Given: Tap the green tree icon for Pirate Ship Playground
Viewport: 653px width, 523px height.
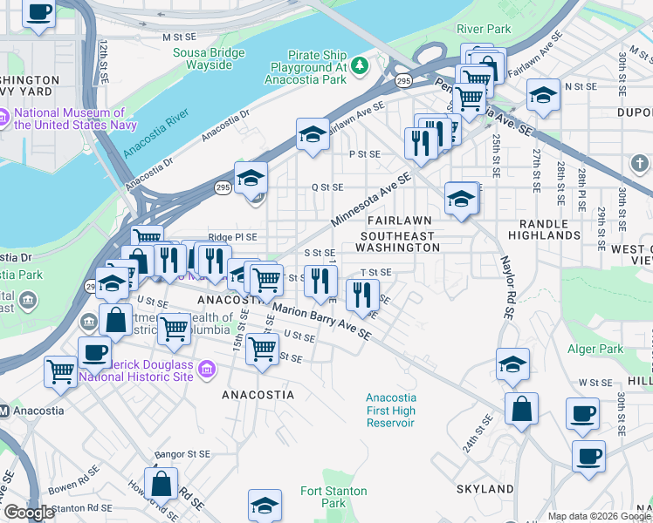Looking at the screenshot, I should [x=358, y=65].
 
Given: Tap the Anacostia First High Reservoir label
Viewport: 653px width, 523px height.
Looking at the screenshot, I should [x=389, y=411].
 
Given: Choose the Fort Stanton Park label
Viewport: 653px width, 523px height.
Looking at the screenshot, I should [x=323, y=496].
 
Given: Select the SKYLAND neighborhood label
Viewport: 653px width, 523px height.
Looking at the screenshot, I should [x=485, y=489].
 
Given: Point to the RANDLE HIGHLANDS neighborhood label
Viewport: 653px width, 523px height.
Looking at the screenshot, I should [x=542, y=228].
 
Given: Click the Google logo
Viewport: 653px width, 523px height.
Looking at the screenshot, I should [x=28, y=513].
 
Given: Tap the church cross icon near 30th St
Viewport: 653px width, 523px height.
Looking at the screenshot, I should [x=639, y=163].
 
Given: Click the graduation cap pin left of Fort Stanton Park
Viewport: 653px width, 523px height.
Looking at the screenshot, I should [x=265, y=504].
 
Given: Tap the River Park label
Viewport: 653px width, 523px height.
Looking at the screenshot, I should [x=485, y=29].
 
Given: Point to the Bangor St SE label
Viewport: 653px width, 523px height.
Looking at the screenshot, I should [x=183, y=454].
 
